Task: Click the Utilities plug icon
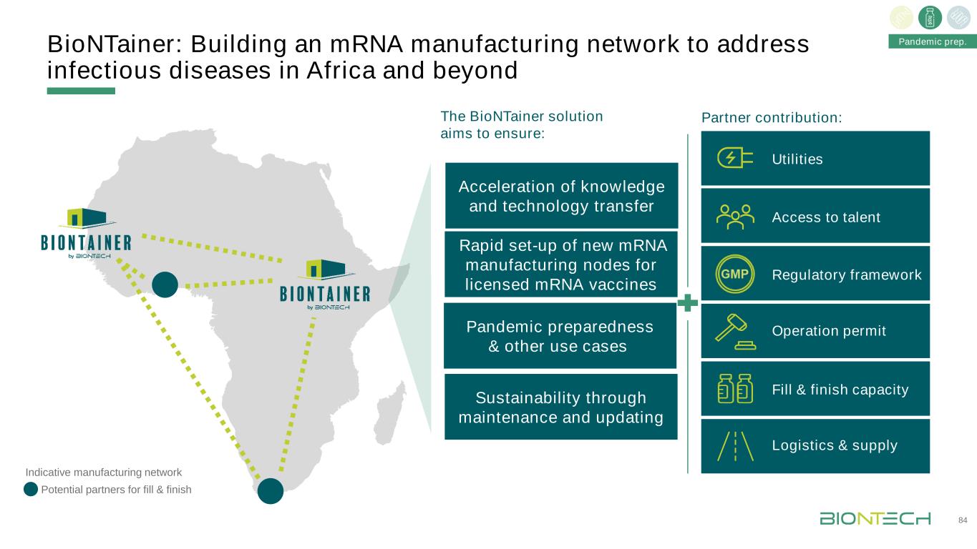tap(735, 159)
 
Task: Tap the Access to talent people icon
tap(735, 217)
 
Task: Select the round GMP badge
tap(735, 274)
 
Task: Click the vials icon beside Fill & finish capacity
tap(735, 390)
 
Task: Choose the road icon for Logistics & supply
tap(735, 446)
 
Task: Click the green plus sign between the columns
tap(687, 302)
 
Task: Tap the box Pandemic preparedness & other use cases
tap(560, 336)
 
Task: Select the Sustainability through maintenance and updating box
tap(560, 407)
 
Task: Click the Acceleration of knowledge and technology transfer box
tap(561, 196)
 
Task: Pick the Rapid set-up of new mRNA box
tap(561, 264)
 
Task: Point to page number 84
tap(963, 519)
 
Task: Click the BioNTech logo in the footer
tap(875, 519)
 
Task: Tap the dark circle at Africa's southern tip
tap(271, 491)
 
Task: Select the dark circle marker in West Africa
tap(165, 285)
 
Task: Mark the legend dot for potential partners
tap(31, 490)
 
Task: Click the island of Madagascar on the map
tap(392, 411)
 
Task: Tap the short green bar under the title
tap(81, 91)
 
